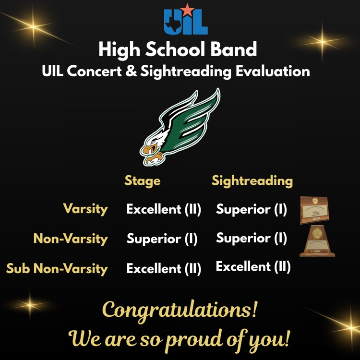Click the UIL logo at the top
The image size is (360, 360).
point(185,23)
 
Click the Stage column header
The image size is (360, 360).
point(143,181)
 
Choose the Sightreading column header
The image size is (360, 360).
point(252,181)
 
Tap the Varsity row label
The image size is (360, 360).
point(85,209)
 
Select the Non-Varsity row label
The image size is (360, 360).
point(71,239)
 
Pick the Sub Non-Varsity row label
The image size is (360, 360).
point(57,268)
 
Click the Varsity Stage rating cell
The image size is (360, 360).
point(164,209)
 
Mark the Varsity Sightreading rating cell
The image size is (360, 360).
point(252,209)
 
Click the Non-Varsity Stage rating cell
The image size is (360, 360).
point(162,239)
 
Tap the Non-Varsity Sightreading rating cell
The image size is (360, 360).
point(252,238)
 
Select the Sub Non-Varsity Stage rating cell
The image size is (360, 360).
point(164,269)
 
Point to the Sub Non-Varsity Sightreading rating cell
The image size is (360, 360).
point(253,267)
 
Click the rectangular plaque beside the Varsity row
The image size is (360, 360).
point(314,211)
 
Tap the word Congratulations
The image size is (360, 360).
point(180,310)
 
